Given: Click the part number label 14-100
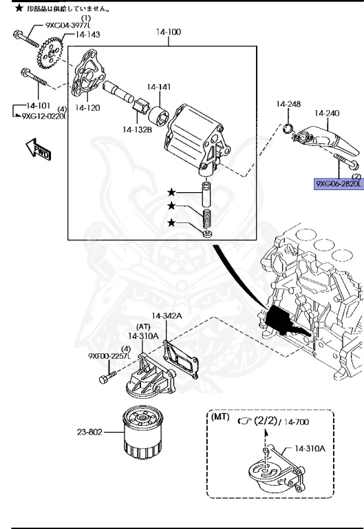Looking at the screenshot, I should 170,32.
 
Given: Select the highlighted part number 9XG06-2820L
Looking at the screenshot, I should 339,184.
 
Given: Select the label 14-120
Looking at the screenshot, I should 88,108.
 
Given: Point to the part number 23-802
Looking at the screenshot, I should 89,434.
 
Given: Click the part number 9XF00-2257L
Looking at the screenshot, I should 109,356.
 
